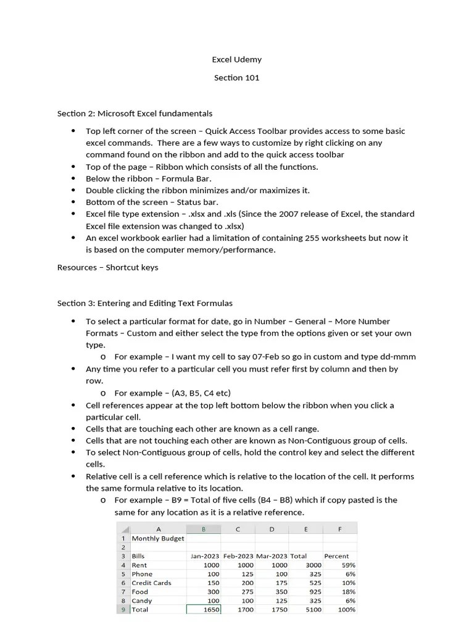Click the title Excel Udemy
point(236,60)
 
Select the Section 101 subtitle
point(236,78)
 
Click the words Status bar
point(198,202)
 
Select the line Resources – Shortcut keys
point(107,267)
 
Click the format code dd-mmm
point(395,357)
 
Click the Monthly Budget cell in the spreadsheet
point(157,538)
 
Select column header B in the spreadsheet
point(204,529)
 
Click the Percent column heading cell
point(336,556)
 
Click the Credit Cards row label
point(151,583)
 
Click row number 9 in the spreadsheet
point(123,610)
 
